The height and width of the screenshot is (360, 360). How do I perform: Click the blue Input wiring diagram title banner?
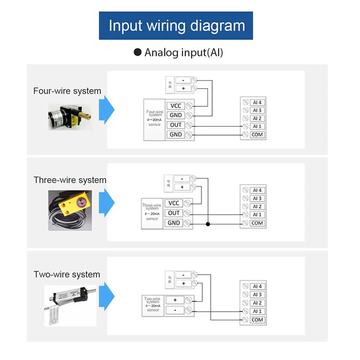[176, 25]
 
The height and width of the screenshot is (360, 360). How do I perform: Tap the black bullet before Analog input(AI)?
[138, 52]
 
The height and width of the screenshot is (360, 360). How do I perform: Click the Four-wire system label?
[67, 91]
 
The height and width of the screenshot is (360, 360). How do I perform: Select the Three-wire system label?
[70, 180]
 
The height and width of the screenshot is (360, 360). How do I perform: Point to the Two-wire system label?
[67, 274]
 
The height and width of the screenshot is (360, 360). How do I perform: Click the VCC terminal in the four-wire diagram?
[175, 106]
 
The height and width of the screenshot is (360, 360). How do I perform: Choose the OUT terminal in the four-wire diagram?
[175, 125]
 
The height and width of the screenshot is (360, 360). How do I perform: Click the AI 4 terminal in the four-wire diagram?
[257, 102]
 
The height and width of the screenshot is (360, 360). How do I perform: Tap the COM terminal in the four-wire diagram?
[257, 135]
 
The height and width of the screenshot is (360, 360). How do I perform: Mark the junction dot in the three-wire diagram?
[208, 223]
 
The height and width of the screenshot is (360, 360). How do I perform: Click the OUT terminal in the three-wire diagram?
[174, 213]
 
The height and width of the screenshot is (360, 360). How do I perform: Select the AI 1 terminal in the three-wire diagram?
[257, 215]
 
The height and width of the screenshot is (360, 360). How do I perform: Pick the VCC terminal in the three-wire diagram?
[174, 203]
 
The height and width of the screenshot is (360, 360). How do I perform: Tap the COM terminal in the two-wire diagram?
[257, 320]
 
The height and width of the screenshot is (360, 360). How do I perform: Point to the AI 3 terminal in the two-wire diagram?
[257, 295]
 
